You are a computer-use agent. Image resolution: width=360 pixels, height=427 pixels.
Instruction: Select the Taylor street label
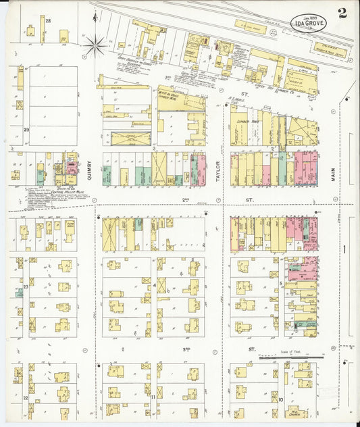pyautogui.click(x=217, y=168)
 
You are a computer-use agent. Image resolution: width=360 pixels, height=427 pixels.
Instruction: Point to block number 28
pyautogui.click(x=48, y=21)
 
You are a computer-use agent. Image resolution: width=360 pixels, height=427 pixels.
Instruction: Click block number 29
pyautogui.click(x=26, y=129)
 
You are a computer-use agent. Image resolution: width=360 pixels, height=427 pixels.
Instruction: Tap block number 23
pyautogui.click(x=26, y=287)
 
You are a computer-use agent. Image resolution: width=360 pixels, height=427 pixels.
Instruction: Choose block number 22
pyautogui.click(x=26, y=399)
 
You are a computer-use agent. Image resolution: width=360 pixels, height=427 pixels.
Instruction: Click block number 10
pyautogui.click(x=280, y=397)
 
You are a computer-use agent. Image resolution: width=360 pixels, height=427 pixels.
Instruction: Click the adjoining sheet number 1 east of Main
pyautogui.click(x=344, y=249)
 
